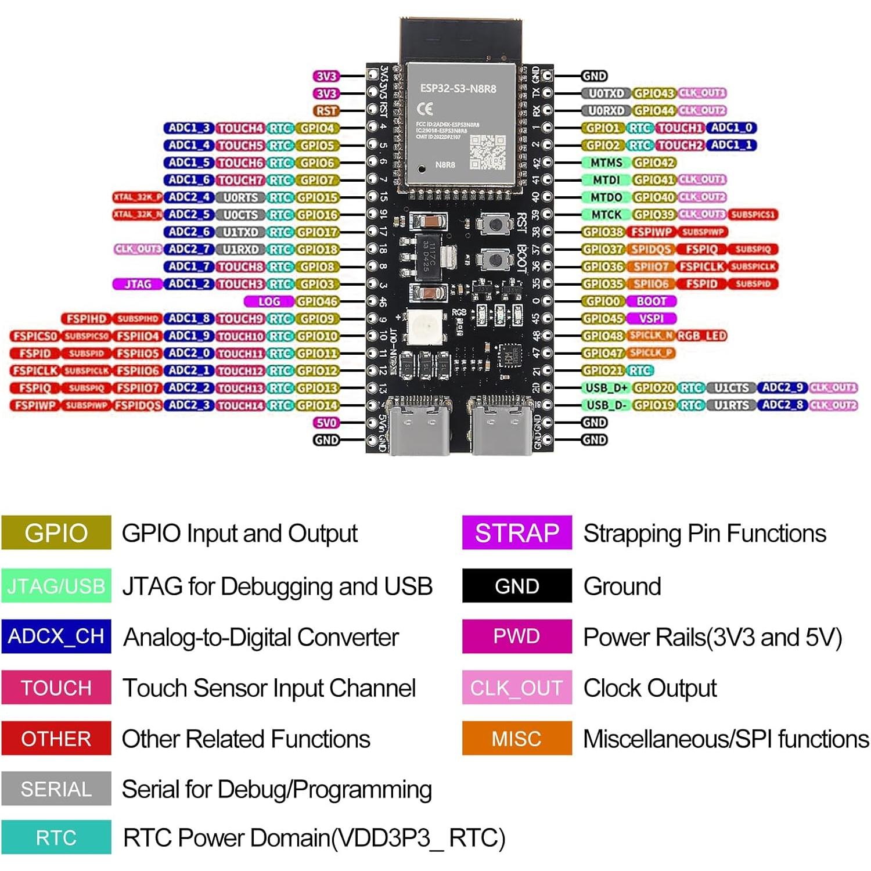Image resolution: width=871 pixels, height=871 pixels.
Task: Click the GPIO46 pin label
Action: tap(317, 301)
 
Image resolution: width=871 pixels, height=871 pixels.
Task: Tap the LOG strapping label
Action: tap(269, 301)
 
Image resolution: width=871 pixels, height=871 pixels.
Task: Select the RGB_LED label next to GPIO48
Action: tap(701, 336)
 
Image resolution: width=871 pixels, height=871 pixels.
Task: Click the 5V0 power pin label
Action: tap(326, 423)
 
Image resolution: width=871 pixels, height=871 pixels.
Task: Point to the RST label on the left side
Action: tap(326, 110)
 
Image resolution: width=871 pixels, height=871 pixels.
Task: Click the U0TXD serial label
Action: tap(606, 93)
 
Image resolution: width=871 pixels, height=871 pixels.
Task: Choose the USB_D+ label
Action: tap(606, 388)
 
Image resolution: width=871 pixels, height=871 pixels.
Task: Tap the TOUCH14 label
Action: tap(240, 405)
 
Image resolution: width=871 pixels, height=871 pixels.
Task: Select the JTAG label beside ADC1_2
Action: tap(138, 284)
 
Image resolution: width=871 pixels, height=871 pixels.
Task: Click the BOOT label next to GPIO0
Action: tap(651, 301)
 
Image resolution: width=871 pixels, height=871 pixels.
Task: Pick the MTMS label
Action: tap(606, 163)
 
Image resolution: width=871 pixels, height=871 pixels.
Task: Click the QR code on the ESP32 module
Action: tap(487, 152)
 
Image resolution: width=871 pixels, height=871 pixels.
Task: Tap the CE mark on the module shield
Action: tap(425, 109)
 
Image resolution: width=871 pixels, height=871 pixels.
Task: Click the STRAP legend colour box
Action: tap(517, 532)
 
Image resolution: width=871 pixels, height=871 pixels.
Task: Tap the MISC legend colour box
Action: tap(517, 738)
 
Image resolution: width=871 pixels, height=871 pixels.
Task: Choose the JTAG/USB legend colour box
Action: tap(56, 586)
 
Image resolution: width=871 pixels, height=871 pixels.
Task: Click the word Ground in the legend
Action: tap(622, 586)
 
